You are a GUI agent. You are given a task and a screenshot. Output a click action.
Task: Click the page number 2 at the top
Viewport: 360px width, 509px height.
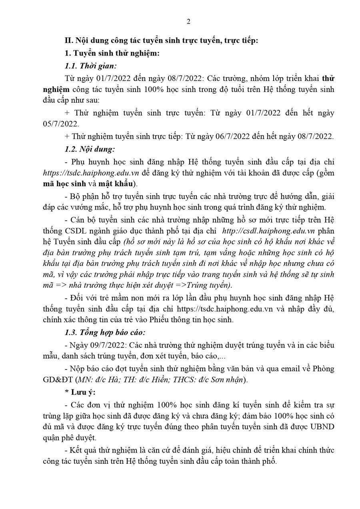(x=188, y=22)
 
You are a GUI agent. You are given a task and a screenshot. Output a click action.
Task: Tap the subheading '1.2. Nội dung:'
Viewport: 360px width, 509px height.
(x=90, y=150)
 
